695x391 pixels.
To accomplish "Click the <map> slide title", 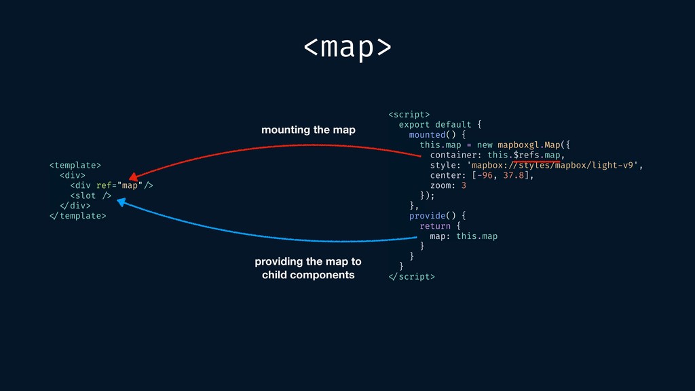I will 347,47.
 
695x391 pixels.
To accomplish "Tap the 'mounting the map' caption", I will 308,130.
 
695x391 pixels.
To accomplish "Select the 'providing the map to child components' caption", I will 308,268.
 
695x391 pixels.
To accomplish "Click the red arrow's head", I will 132,178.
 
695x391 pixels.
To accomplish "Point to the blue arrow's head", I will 121,202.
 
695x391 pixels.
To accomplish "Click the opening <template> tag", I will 75,165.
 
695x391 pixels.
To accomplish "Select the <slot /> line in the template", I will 90,195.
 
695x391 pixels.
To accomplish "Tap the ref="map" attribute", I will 119,185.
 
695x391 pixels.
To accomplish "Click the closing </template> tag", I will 77,216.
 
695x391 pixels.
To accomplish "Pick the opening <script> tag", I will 409,114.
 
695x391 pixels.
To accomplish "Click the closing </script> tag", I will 411,276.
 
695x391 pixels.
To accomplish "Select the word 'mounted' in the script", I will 426,134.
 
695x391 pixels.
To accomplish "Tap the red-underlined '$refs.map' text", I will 536,155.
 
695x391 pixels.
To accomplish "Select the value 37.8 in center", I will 513,175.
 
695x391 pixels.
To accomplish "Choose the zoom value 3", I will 464,185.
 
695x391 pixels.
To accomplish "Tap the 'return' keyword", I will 435,226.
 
